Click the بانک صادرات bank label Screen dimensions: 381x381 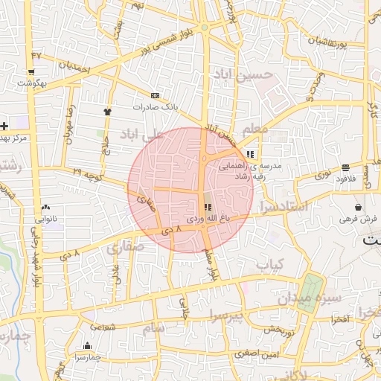tap(153, 106)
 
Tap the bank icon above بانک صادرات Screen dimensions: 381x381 tap(155, 95)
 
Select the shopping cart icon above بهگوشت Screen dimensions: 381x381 tap(32, 72)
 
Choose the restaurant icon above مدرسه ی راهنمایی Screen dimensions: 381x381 tap(250, 154)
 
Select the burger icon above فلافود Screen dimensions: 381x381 tap(345, 167)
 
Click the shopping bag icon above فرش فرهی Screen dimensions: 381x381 tap(359, 208)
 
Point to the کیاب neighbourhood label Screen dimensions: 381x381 tap(271, 264)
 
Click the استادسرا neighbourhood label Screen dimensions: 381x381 tap(286, 206)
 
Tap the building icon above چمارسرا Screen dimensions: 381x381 tap(88, 345)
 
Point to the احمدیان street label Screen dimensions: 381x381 tap(74, 67)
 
